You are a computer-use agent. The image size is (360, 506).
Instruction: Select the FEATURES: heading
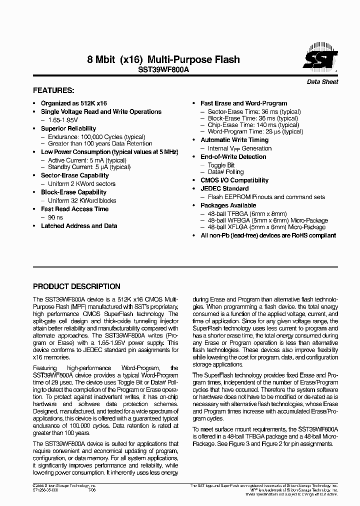(53, 90)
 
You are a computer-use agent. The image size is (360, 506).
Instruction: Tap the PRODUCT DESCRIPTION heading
(76, 286)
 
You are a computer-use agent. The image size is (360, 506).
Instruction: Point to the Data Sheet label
(322, 82)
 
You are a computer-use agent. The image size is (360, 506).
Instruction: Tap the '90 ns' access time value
(56, 217)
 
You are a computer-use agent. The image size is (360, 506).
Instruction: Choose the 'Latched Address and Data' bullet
(79, 226)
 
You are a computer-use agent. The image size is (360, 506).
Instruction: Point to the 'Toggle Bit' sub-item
(221, 165)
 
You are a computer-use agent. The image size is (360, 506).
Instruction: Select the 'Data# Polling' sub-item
(225, 172)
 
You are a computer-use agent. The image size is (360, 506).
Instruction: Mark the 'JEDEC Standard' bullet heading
(224, 188)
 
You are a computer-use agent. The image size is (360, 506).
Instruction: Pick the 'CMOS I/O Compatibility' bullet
(234, 180)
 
